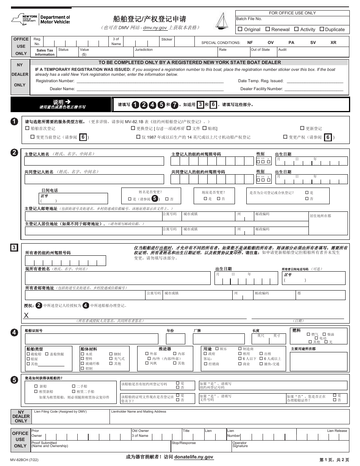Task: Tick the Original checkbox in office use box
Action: pos(240,29)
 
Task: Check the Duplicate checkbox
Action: pos(322,29)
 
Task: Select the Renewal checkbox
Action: pos(268,29)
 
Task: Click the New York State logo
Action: pos(25,19)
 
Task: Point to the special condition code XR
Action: pos(333,43)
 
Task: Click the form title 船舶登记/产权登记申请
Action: pos(150,19)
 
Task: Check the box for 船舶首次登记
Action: pos(27,128)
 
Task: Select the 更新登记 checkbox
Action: pos(302,128)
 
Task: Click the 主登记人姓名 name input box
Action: pos(94,161)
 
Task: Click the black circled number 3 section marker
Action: pos(14,248)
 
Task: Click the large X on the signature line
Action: pos(27,316)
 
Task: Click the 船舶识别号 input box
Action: pos(91,339)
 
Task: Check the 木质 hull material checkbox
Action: pos(82,354)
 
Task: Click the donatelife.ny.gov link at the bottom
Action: pos(194,457)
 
